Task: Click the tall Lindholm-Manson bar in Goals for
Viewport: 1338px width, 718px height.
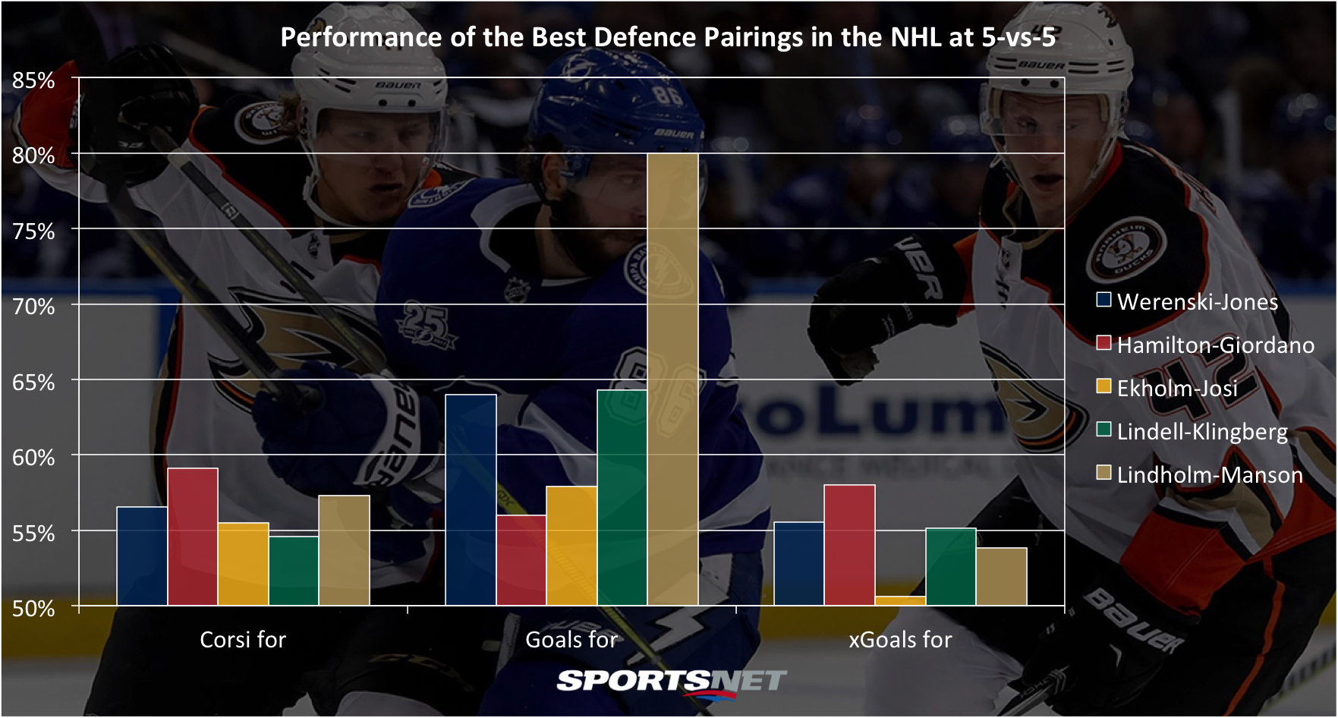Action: click(x=672, y=379)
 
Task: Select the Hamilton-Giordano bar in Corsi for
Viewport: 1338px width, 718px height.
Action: click(x=193, y=537)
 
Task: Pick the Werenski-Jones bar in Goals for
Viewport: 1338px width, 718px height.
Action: click(x=471, y=500)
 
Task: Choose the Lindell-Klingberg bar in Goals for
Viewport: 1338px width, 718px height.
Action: click(x=622, y=498)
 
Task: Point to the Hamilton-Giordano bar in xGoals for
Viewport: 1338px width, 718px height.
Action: click(x=850, y=545)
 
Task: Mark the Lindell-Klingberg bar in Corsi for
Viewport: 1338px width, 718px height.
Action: click(x=294, y=571)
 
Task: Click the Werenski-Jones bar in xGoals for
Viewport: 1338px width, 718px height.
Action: click(x=799, y=564)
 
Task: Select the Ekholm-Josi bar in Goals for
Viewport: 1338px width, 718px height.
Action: click(x=571, y=546)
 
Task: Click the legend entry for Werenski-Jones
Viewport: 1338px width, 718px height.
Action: click(x=1188, y=301)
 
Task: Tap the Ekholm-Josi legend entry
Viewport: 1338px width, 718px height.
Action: click(x=1167, y=388)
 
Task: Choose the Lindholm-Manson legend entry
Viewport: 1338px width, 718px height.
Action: click(x=1200, y=474)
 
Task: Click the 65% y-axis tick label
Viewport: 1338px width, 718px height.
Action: click(x=33, y=382)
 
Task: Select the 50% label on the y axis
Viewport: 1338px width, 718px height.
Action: click(x=33, y=608)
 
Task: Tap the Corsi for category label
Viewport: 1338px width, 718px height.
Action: click(x=243, y=640)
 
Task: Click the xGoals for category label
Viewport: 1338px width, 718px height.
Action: click(x=900, y=640)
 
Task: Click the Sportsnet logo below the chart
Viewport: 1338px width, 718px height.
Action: click(x=672, y=681)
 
